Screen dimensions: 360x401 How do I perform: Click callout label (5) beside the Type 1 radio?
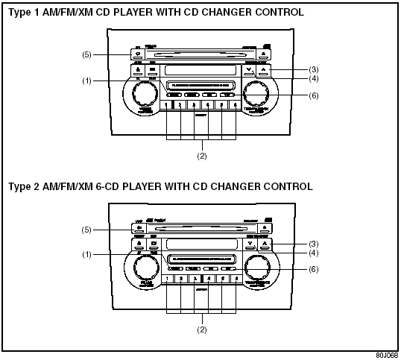(x=86, y=55)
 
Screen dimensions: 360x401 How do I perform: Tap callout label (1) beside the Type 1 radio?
(x=86, y=80)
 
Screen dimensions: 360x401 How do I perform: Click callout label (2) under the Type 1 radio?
(x=200, y=156)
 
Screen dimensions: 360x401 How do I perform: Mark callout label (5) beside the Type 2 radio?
(x=86, y=230)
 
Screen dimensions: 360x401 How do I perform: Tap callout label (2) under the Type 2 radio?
(x=200, y=327)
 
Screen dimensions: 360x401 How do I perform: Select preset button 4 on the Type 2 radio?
(x=208, y=279)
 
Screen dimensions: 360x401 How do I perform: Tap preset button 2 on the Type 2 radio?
(x=180, y=279)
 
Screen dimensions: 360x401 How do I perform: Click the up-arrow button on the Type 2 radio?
(x=264, y=244)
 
